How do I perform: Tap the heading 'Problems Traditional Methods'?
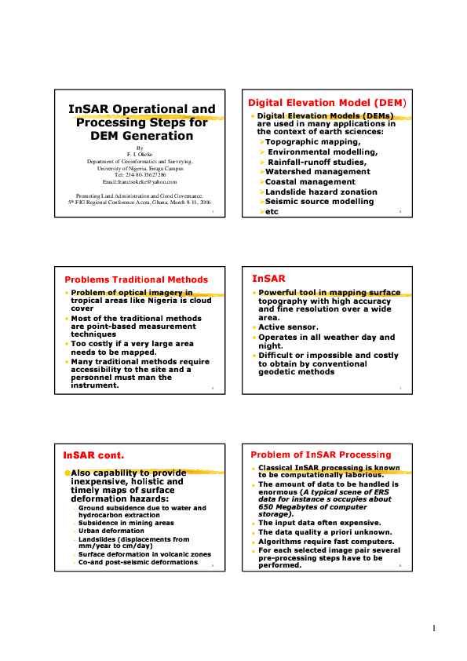pos(136,279)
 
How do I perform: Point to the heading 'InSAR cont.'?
pos(93,455)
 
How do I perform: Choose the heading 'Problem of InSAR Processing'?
pos(319,455)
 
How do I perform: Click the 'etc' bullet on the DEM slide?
pos(272,212)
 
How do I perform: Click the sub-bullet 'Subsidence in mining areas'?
pos(126,523)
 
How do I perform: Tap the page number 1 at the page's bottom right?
pos(432,629)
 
